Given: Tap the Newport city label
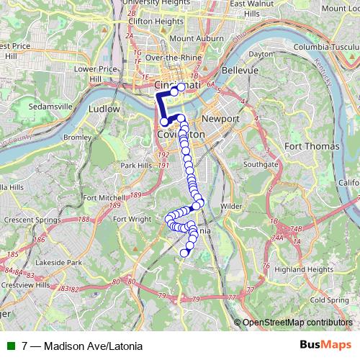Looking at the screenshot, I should click(x=215, y=118).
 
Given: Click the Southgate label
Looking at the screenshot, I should click(x=260, y=164).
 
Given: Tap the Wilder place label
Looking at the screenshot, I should click(x=231, y=206).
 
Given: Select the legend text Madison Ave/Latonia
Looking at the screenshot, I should click(x=91, y=346).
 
